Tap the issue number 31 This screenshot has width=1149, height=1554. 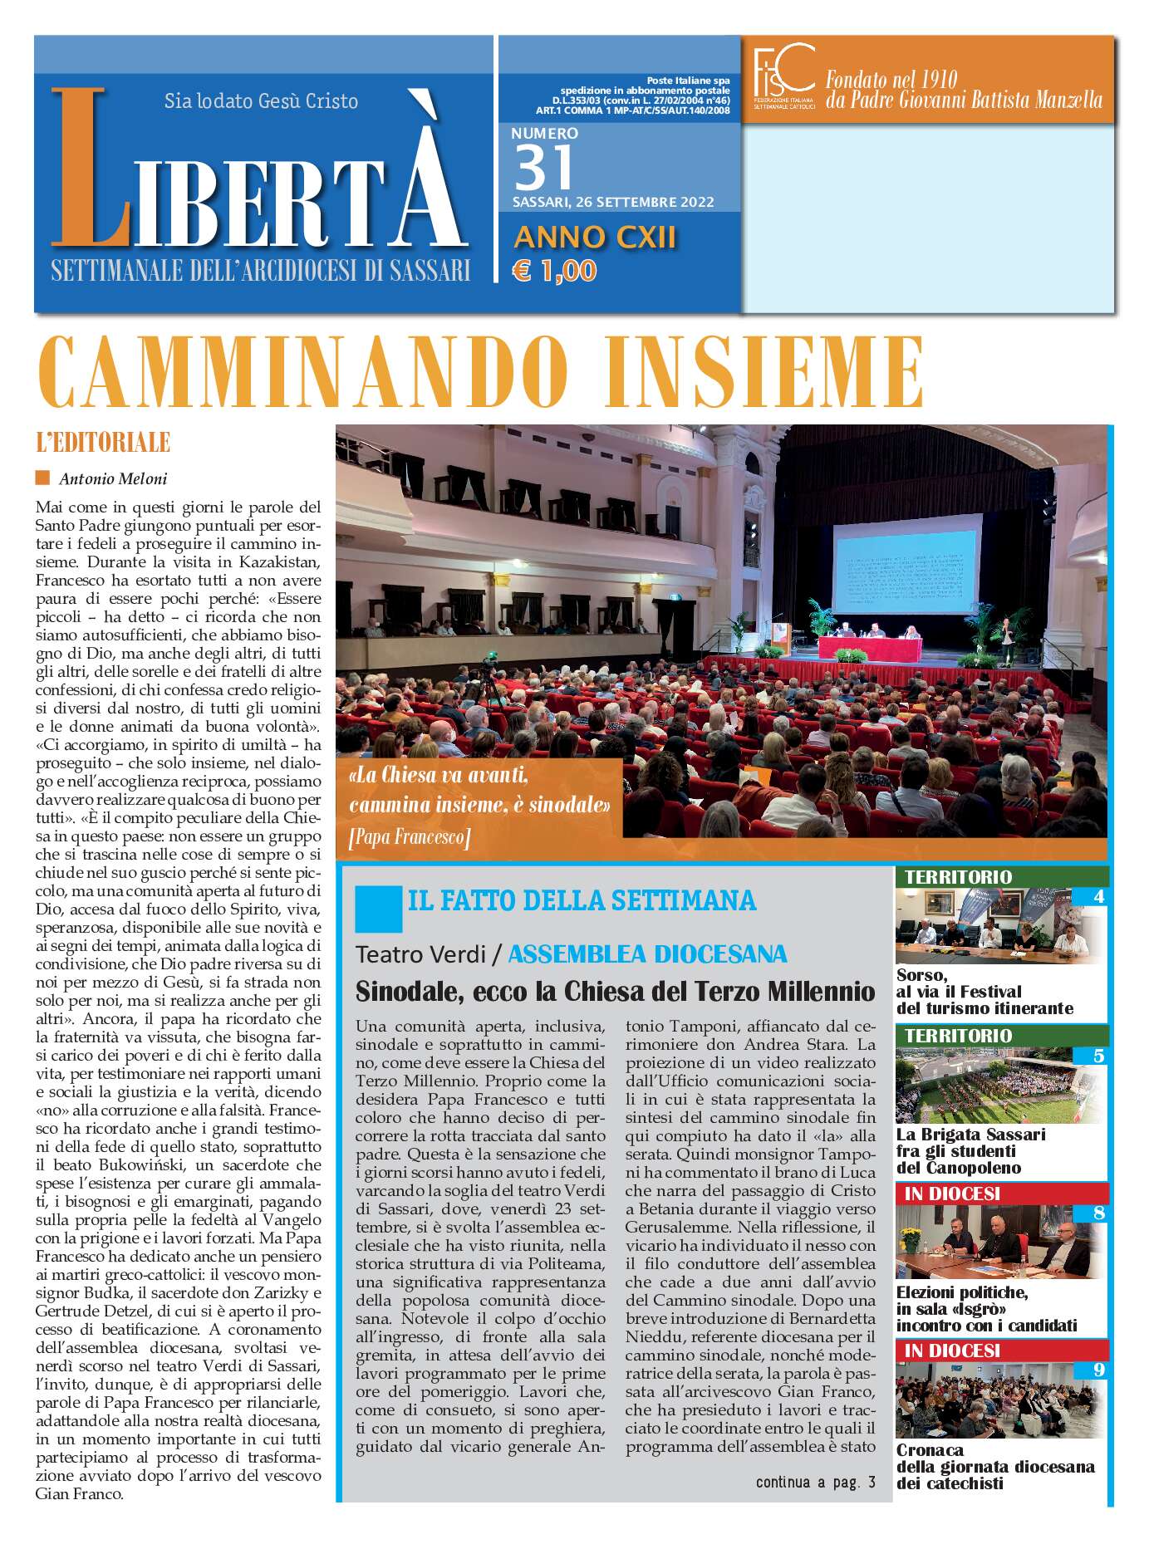[544, 167]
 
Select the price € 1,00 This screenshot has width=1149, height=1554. [554, 271]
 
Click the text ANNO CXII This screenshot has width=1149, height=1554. [595, 238]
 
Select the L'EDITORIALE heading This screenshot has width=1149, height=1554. [103, 442]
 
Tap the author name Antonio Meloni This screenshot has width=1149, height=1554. [113, 478]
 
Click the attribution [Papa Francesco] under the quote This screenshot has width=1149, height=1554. [410, 837]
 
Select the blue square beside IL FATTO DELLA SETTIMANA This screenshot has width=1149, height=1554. [378, 909]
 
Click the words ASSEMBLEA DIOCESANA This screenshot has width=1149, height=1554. [647, 954]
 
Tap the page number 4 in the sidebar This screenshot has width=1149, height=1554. [1098, 896]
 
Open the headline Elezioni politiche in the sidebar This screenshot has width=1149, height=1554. [962, 1292]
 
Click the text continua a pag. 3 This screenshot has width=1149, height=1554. [815, 1482]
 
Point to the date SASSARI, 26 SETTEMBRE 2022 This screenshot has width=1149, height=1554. [613, 203]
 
